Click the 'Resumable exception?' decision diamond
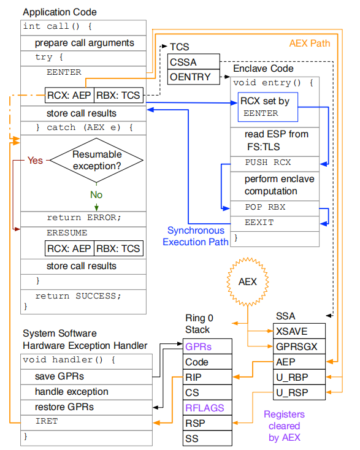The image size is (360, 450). pyautogui.click(x=97, y=161)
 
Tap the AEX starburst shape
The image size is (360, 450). pyautogui.click(x=248, y=283)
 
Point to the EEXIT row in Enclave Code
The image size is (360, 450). pyautogui.click(x=275, y=223)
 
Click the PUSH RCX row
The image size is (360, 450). pyautogui.click(x=275, y=163)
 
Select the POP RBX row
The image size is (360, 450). pyautogui.click(x=275, y=207)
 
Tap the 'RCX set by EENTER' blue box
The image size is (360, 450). pyautogui.click(x=267, y=107)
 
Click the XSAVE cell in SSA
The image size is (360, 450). pyautogui.click(x=298, y=331)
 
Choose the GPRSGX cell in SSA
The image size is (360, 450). pyautogui.click(x=298, y=346)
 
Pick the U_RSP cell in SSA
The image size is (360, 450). pyautogui.click(x=298, y=392)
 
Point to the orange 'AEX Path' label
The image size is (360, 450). pyautogui.click(x=309, y=44)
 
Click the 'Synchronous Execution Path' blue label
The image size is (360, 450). pyautogui.click(x=195, y=236)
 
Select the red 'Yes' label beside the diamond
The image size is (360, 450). pyautogui.click(x=35, y=160)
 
